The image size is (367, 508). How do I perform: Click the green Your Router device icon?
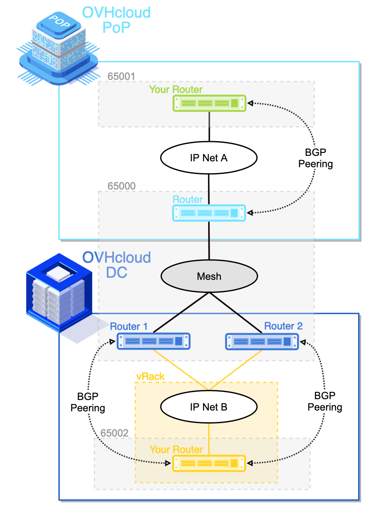tap(209, 103)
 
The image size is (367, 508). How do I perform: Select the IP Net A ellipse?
tap(209, 158)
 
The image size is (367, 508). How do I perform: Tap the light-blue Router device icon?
tap(209, 213)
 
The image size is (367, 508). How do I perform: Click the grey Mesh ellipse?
tap(209, 276)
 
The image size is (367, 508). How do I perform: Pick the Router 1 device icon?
tap(153, 341)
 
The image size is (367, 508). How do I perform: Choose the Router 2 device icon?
tap(262, 341)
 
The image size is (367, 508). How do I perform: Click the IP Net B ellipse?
tap(209, 407)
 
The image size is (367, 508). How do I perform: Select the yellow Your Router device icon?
tap(209, 463)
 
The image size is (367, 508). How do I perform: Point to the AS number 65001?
tap(121, 76)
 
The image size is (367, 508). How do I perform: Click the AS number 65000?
tap(121, 186)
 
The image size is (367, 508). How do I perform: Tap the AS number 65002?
tap(114, 433)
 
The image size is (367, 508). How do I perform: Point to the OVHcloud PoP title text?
tap(116, 19)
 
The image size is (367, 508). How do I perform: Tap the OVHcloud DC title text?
tap(116, 264)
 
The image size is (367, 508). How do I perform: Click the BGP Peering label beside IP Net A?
tap(315, 158)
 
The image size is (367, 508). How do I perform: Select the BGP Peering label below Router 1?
tap(87, 402)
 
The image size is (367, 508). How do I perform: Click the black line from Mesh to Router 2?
tap(235, 311)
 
